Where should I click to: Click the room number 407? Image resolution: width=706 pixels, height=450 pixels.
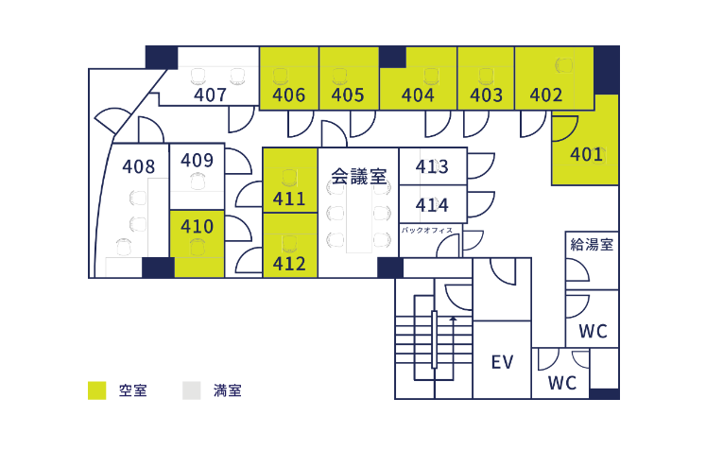point(210,95)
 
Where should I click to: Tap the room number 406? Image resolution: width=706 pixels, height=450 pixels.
point(288,95)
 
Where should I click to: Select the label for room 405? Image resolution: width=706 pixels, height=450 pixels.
point(348,95)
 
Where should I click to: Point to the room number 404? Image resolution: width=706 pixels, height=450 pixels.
point(418,95)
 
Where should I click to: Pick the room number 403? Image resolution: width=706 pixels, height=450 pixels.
point(486,95)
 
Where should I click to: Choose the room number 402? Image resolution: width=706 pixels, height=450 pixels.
point(546,95)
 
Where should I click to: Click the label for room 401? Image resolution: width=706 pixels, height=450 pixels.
point(586,154)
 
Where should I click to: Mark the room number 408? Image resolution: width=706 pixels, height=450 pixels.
point(139,166)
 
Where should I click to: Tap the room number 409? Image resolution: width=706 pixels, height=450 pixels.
point(197,160)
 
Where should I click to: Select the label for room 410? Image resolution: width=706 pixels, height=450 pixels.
point(197,227)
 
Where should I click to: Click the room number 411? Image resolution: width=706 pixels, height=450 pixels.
point(289,199)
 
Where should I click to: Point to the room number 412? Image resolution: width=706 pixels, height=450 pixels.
point(289,263)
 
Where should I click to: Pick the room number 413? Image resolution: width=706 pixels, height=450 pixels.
point(432,167)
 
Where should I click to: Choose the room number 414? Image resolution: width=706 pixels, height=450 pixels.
point(432,204)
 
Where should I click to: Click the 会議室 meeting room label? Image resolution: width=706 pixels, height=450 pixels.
point(358,176)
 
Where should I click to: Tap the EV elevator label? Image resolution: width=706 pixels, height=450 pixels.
point(501,362)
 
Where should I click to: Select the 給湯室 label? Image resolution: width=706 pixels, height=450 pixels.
point(593,244)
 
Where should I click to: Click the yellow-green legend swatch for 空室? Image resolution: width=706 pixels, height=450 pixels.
point(96,389)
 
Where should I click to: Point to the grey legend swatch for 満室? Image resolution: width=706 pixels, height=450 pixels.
point(193,389)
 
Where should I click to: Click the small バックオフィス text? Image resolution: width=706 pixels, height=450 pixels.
point(427,230)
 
